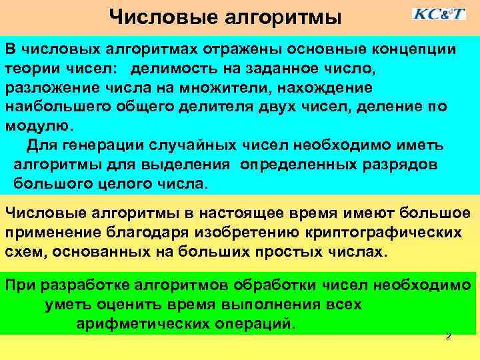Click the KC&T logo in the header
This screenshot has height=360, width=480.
[x=438, y=14]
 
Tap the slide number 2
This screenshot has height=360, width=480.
[x=448, y=337]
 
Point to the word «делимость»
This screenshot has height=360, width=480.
[x=170, y=69]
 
